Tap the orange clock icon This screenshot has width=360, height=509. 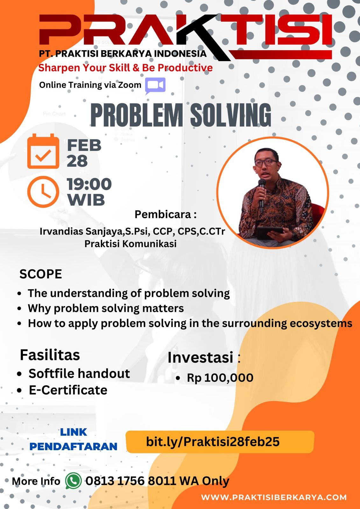43,192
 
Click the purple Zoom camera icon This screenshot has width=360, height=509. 155,86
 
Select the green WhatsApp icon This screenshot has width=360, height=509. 73,481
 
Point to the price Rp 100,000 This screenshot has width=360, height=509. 220,378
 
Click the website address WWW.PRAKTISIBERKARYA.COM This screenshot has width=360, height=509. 274,497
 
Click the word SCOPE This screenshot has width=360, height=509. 41,274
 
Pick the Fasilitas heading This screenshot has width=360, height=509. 50,355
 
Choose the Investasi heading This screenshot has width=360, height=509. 200,357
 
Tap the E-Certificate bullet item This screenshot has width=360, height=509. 68,390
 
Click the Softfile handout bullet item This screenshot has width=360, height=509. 79,373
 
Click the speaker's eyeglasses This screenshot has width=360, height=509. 266,162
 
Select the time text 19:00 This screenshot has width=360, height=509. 89,184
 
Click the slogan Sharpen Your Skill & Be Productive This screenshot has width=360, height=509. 125,68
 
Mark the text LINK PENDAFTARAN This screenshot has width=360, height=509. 74,439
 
